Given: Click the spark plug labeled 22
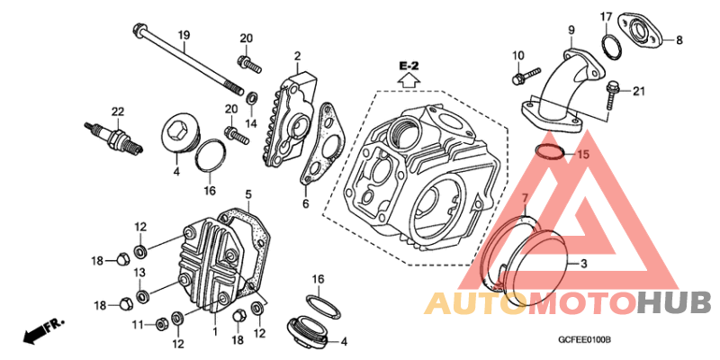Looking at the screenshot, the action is pos(113,136).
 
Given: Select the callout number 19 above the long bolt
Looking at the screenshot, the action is pos(184,35).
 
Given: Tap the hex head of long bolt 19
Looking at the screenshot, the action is pos(138,31).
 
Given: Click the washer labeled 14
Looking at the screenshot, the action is pos(251,97).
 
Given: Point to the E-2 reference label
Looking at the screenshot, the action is pos(409,67).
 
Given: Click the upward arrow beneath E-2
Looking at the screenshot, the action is pos(409,81).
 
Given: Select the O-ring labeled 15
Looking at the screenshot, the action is pos(549,151).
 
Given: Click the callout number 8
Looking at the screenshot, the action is pos(679,40).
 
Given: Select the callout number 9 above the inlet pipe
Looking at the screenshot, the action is pos(571,31).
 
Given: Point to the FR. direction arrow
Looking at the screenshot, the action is pos(43,330).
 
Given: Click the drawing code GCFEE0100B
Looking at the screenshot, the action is pos(584,341).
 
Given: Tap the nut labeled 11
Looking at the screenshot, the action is pos(161,324).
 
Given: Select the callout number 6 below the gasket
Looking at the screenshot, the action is pos(306,203).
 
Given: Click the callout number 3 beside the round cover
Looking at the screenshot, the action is pos(583,264).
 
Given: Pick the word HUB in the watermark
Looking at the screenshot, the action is pos(674,303).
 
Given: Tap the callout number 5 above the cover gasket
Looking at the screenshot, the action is pos(248,195).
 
